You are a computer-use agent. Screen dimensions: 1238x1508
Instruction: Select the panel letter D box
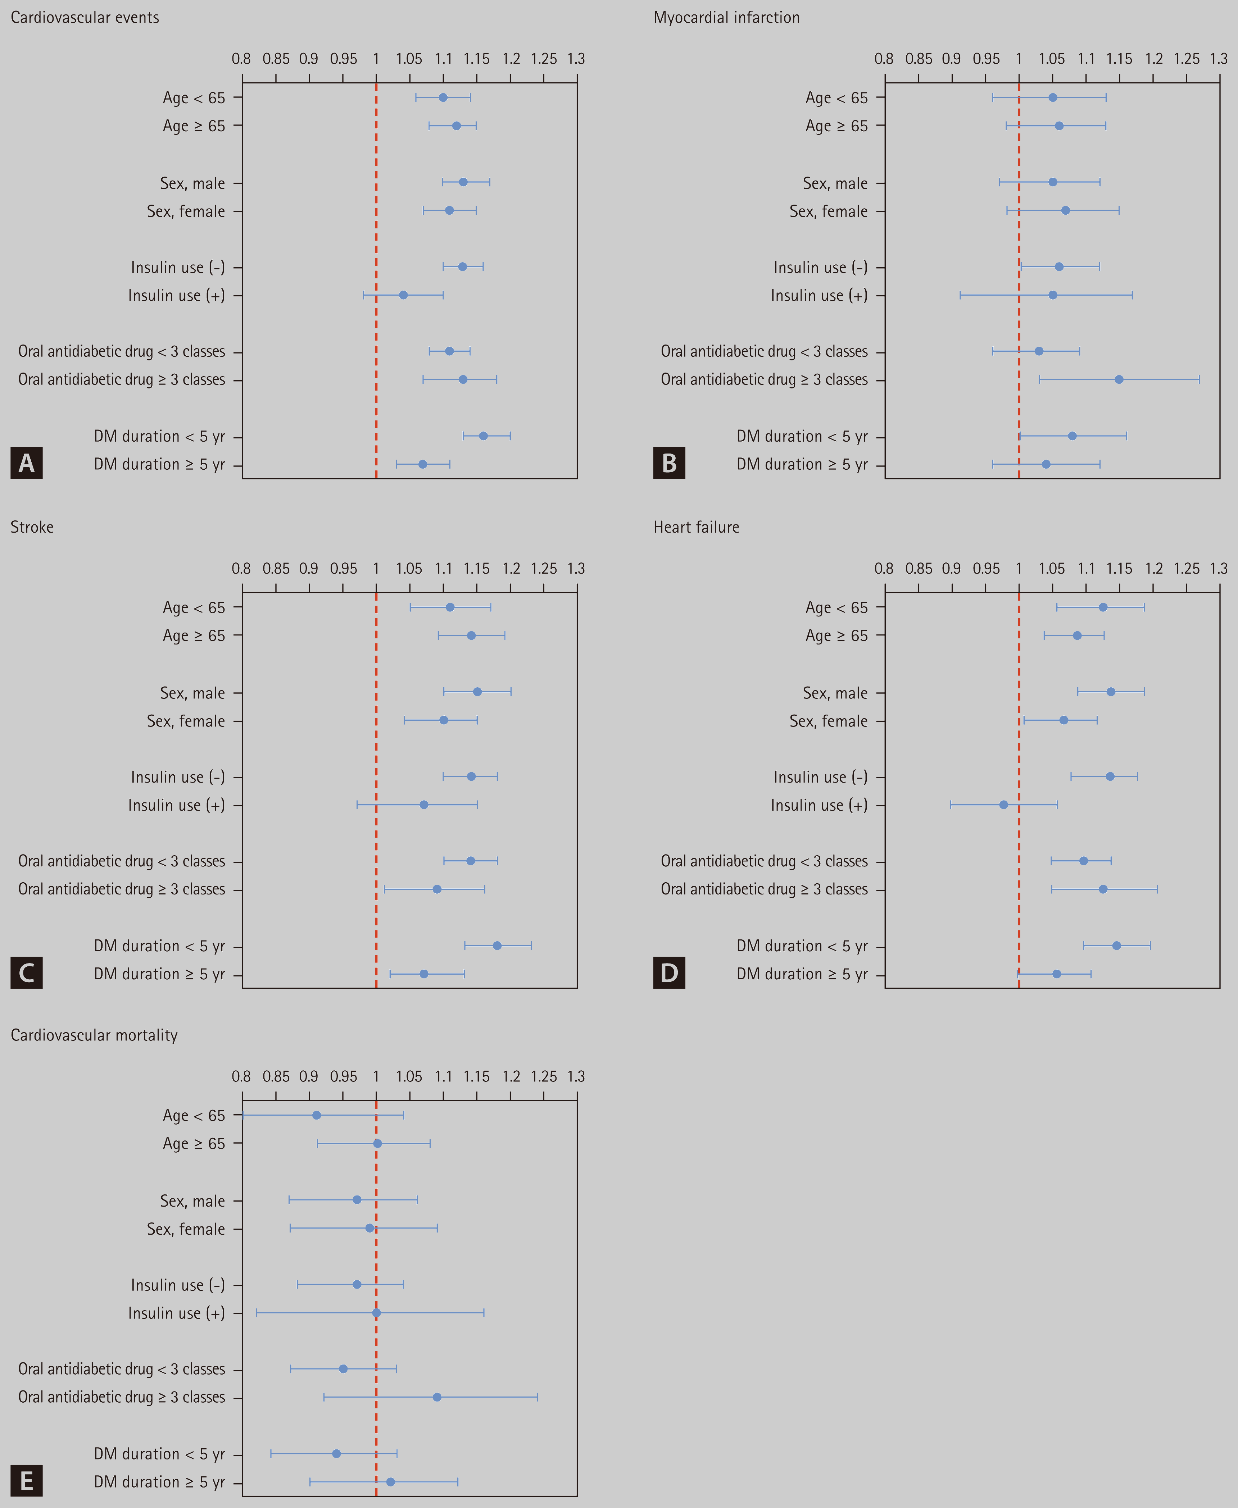tap(669, 972)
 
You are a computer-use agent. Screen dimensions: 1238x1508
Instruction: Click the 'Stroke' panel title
tap(32, 527)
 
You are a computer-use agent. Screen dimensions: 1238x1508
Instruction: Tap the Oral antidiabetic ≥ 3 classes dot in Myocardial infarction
tap(1119, 379)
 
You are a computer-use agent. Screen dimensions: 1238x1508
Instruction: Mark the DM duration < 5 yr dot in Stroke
tap(497, 946)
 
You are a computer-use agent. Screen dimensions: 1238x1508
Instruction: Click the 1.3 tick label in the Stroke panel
tap(576, 568)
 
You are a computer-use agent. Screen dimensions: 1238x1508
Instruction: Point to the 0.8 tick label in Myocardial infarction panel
tap(884, 59)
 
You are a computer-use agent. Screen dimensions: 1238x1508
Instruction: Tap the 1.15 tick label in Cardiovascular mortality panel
tap(476, 1076)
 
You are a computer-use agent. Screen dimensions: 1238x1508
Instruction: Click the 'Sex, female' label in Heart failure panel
tap(829, 721)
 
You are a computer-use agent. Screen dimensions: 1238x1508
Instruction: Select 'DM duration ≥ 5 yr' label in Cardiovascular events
tap(160, 464)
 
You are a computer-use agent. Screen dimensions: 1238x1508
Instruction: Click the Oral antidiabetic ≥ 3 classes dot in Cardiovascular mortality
tap(437, 1397)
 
